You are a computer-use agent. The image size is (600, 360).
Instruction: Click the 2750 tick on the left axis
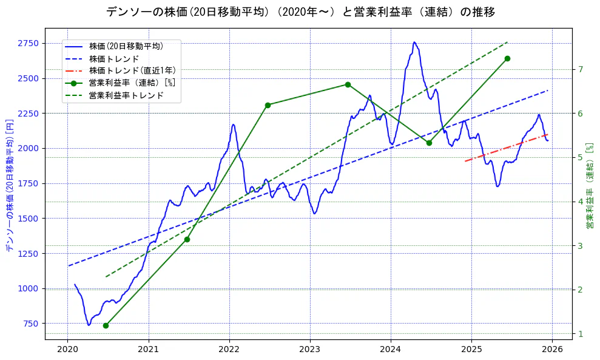tap(29, 43)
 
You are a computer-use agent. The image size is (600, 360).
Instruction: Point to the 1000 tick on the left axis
tap(29, 288)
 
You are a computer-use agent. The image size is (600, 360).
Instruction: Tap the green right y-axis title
tap(589, 186)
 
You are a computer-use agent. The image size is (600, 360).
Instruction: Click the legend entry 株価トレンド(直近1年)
tap(132, 70)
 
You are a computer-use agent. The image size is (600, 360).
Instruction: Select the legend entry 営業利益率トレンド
tap(126, 95)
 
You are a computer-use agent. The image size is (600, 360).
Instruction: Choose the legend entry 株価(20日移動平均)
tap(126, 46)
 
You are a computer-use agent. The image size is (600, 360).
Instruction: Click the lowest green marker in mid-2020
tap(106, 325)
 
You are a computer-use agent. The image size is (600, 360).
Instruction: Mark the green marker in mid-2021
tap(187, 239)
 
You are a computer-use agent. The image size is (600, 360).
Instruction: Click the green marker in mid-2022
tap(268, 105)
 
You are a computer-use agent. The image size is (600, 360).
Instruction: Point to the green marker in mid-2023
tap(348, 84)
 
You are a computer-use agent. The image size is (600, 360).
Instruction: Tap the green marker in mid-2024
tap(429, 143)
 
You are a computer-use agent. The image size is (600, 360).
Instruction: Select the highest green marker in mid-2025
tap(507, 58)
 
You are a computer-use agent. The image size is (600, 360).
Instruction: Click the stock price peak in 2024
tap(414, 42)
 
